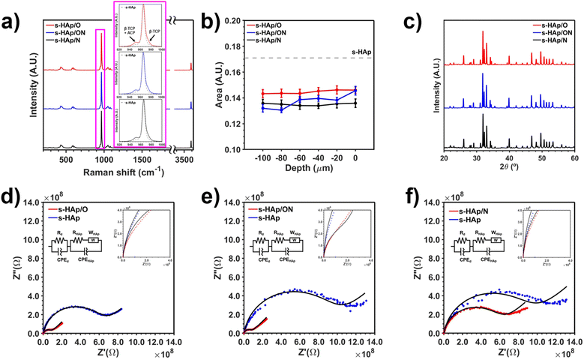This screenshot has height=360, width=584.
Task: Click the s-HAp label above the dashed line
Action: tap(368, 51)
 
